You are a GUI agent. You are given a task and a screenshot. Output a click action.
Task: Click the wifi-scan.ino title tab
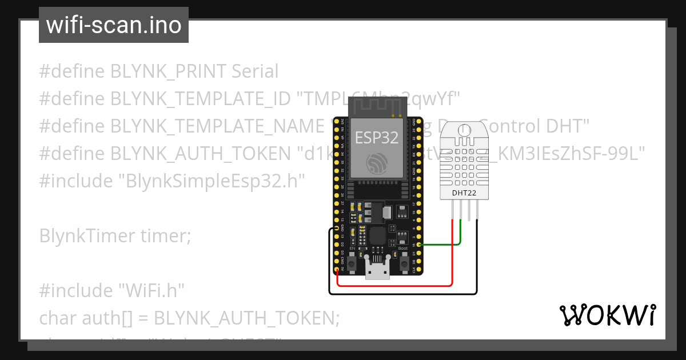point(113,25)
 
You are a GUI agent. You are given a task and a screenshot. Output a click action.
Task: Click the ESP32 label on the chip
point(377,138)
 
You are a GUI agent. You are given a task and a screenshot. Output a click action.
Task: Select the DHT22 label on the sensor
point(464,193)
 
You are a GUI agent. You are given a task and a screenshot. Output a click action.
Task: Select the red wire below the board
point(394,285)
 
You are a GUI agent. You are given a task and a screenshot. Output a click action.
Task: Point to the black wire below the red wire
point(400,294)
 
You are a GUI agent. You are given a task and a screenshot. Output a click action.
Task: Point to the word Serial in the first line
point(255,71)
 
